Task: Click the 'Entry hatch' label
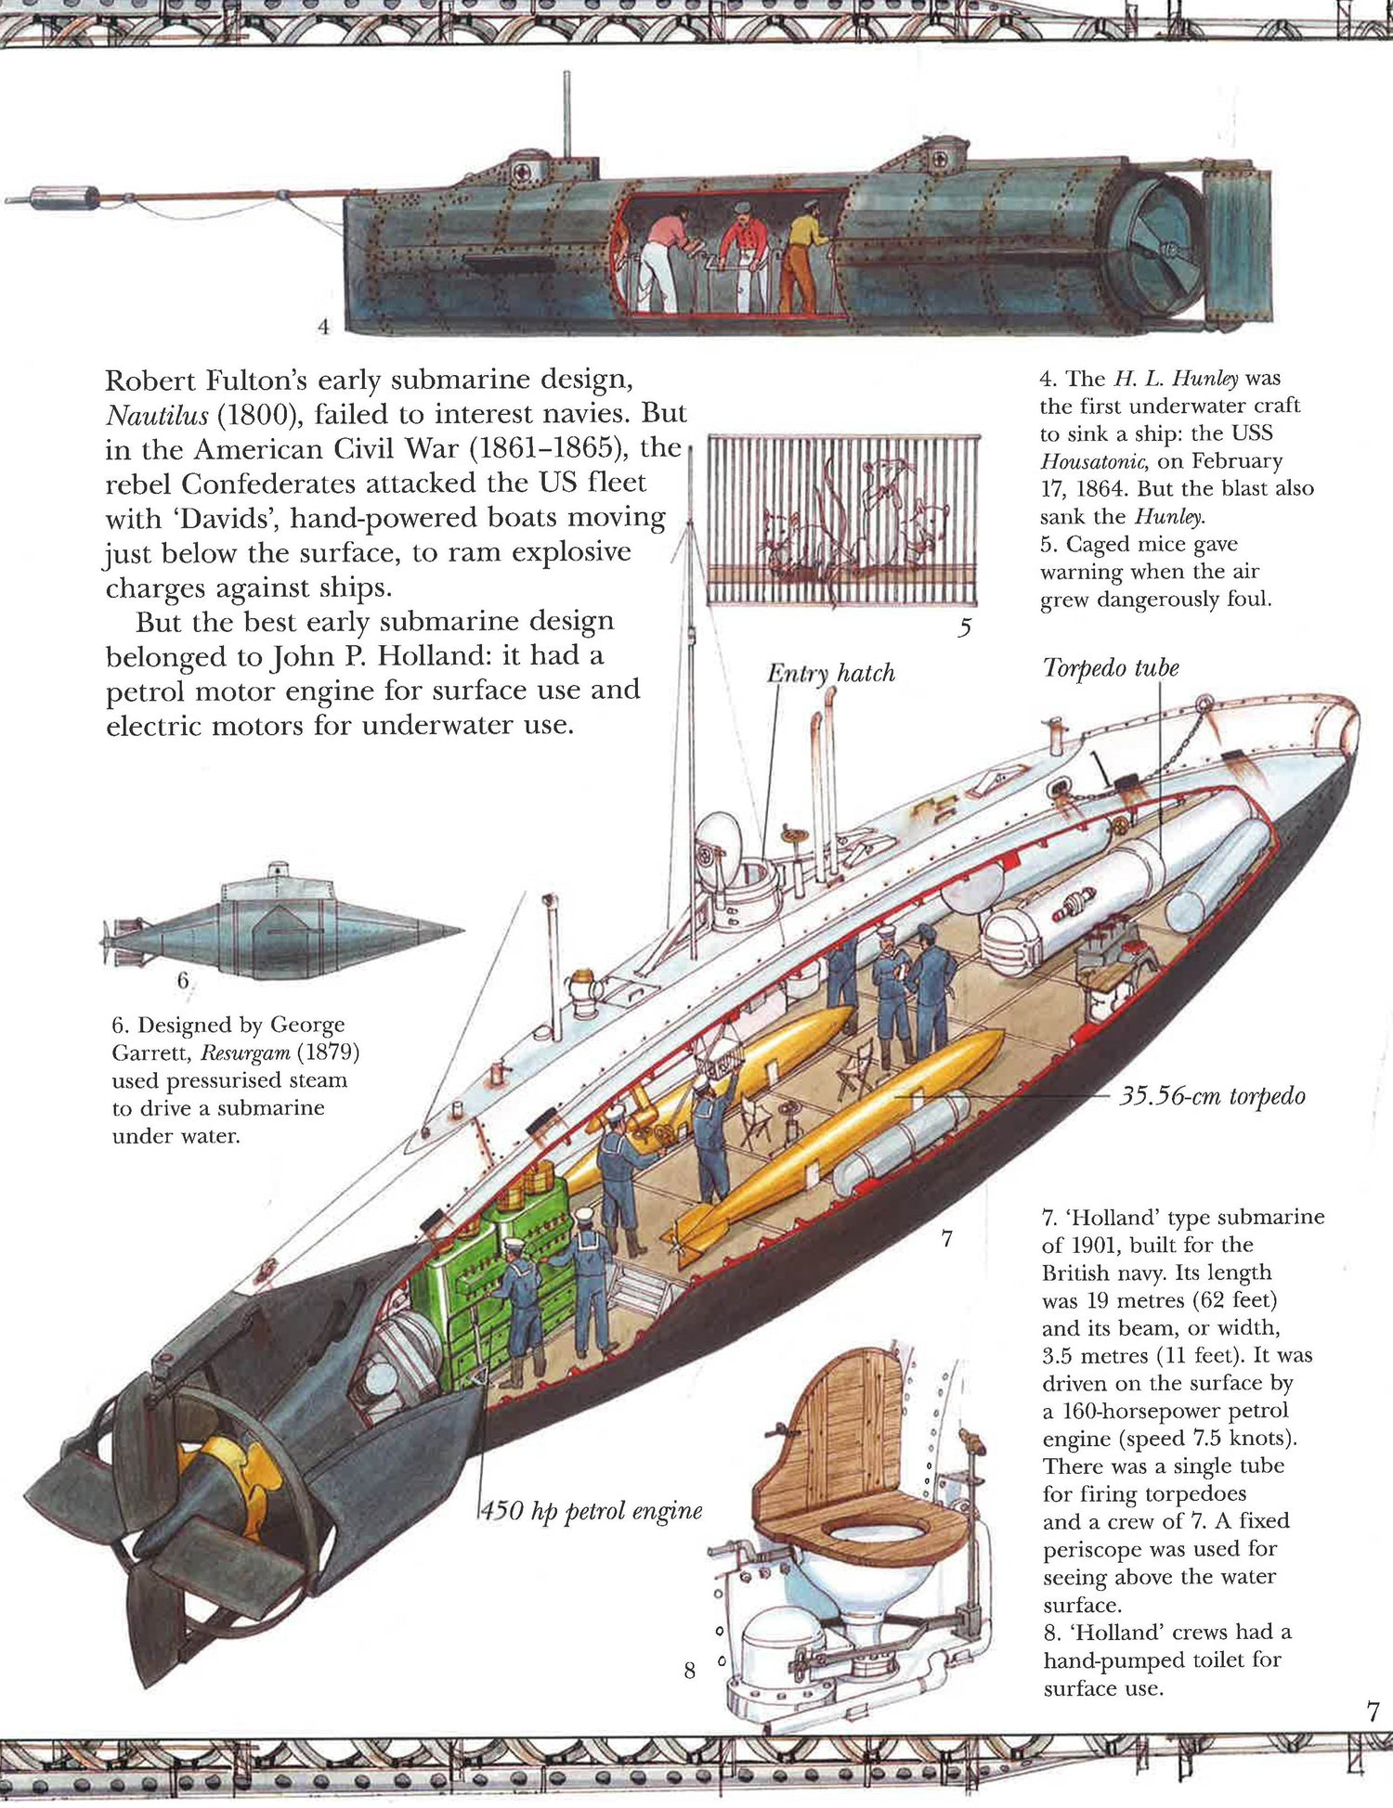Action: point(830,673)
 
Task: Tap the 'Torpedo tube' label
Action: point(1111,668)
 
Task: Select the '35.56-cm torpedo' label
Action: point(1212,1096)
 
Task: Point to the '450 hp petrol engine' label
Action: point(592,1511)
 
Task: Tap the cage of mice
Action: point(843,519)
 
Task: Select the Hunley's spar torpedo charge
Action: point(65,198)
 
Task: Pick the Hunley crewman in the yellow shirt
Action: point(804,255)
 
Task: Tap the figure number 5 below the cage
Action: point(964,628)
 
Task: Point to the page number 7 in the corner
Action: point(1373,1712)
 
